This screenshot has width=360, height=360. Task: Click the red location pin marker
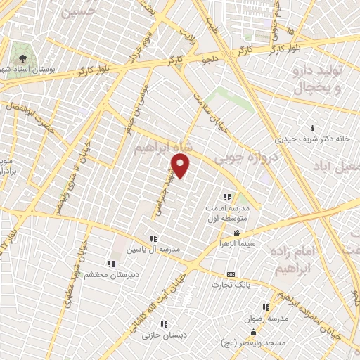click(x=181, y=167)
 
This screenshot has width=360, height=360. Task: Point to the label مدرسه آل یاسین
click(x=153, y=250)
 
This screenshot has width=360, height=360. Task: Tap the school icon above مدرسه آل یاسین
click(x=153, y=238)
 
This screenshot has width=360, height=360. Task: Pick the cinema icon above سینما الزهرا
click(x=238, y=233)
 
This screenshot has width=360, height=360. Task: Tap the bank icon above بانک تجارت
click(x=230, y=274)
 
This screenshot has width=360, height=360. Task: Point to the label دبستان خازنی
click(x=164, y=335)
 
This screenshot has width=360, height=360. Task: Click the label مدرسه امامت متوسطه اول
click(x=226, y=214)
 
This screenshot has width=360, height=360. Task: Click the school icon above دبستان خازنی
click(x=164, y=324)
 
